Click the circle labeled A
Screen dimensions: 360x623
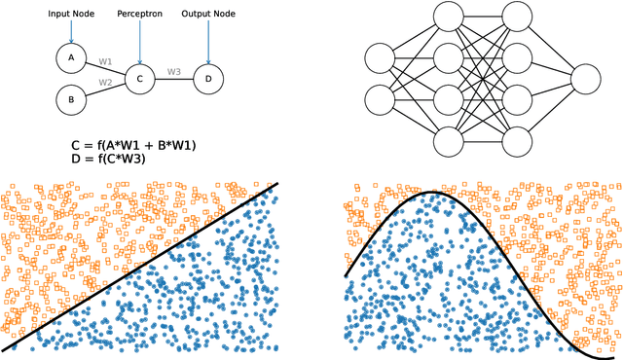pyautogui.click(x=71, y=58)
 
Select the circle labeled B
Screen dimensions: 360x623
pyautogui.click(x=71, y=98)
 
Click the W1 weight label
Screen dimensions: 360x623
pyautogui.click(x=105, y=62)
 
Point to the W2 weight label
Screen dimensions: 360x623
pyautogui.click(x=105, y=83)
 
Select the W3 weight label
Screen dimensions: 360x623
pyautogui.click(x=174, y=72)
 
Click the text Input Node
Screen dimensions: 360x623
pyautogui.click(x=71, y=16)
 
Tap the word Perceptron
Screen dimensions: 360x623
pyautogui.click(x=140, y=16)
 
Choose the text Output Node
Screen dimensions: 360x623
pyautogui.click(x=208, y=16)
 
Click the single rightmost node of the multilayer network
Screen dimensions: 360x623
pyautogui.click(x=587, y=79)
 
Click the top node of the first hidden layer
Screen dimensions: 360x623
pyautogui.click(x=448, y=17)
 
